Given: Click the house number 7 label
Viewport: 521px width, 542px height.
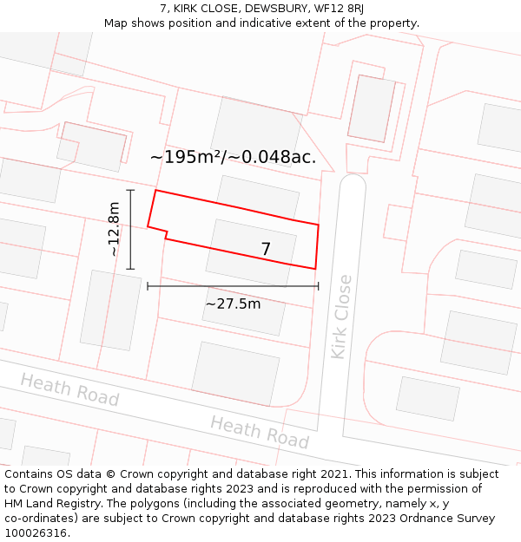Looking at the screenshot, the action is [x=266, y=249].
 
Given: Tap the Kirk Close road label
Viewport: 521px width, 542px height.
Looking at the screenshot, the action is [x=342, y=317].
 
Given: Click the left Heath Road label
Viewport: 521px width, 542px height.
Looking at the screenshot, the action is [x=69, y=389].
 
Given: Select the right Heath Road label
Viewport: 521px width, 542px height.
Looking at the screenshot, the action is [x=260, y=431].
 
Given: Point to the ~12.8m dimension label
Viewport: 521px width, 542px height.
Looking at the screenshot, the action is [x=114, y=229].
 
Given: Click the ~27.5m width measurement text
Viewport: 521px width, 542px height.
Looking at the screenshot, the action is [x=233, y=304].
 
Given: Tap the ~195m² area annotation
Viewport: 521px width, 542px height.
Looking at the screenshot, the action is [x=233, y=157].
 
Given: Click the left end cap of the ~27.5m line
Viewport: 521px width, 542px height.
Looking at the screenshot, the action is [x=148, y=285].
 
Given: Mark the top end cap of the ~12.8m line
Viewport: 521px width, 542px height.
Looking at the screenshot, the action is [x=130, y=190].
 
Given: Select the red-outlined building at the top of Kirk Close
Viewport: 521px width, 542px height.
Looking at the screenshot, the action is [x=372, y=108].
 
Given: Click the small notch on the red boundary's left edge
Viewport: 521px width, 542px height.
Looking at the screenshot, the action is [x=165, y=232].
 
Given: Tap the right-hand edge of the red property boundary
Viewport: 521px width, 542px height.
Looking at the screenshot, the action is [x=317, y=246].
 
